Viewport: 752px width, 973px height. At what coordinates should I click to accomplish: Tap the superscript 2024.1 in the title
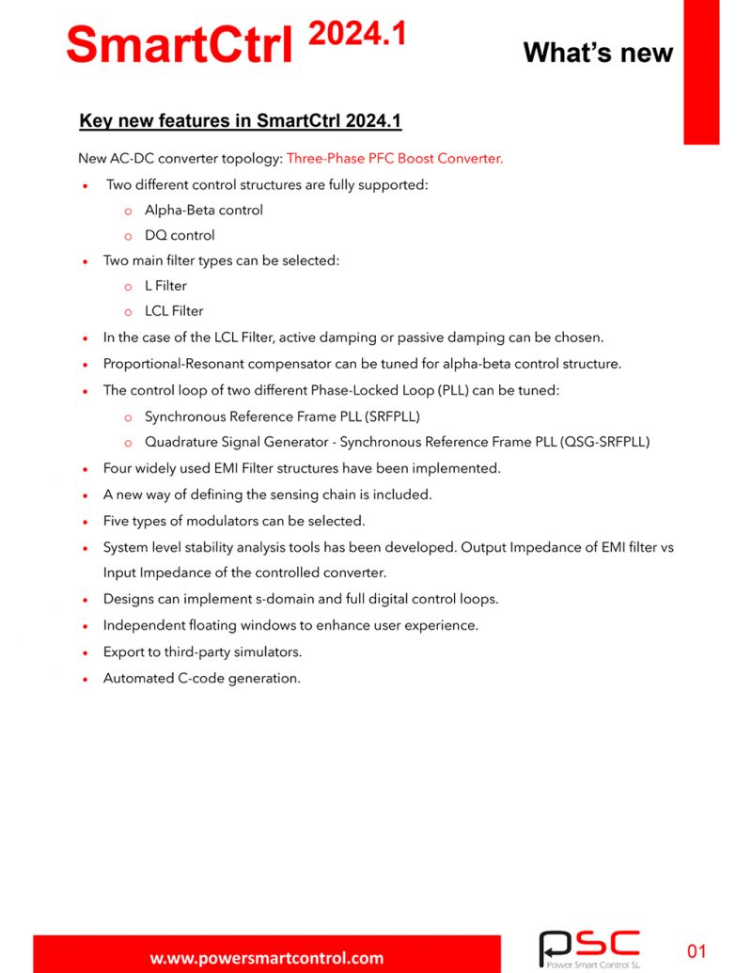tap(356, 34)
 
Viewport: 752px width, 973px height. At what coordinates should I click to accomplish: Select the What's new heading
tap(597, 52)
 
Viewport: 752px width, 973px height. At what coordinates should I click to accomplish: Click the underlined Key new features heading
tap(241, 121)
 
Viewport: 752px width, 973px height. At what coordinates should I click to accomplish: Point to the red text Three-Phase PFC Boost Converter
tap(395, 159)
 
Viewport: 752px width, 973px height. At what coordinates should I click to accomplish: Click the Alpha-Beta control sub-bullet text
tap(204, 210)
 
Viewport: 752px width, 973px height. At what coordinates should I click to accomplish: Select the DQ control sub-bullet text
tap(180, 235)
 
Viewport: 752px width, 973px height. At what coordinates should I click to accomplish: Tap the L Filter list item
tap(165, 286)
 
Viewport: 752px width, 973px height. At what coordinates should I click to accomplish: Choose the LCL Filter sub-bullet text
tap(174, 311)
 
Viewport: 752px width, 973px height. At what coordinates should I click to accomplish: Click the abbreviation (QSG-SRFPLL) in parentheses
tap(605, 442)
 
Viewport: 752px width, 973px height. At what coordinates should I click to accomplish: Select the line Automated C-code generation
tap(202, 678)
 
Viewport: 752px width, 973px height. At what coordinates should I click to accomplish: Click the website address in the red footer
tap(267, 958)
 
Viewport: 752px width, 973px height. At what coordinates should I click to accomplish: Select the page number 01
tap(697, 951)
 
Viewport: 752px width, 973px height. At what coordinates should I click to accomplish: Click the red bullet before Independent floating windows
tap(85, 626)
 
